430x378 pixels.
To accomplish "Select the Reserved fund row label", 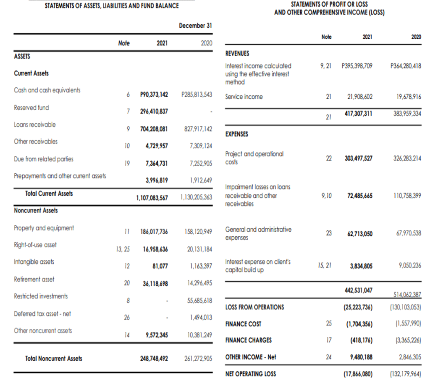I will tap(31, 108).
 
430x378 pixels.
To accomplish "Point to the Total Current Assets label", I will tap(49, 193).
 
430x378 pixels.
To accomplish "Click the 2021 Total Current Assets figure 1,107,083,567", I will tap(152, 197).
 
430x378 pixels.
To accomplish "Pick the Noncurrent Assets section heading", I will tap(36, 210).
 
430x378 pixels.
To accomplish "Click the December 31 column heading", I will tap(195, 26).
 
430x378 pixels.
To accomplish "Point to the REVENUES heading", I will tap(237, 53).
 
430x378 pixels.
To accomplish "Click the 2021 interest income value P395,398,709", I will tap(357, 66).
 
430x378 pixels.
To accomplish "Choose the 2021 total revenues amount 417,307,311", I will tap(358, 114).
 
